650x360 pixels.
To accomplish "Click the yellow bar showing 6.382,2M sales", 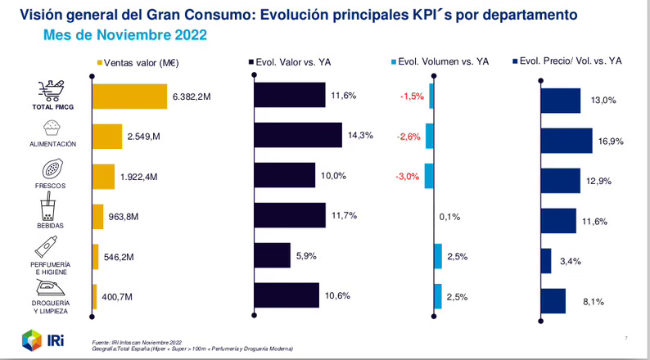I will tap(129, 96).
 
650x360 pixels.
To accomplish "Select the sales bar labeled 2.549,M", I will tap(107, 136).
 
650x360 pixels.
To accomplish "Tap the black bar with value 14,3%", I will tap(297, 136).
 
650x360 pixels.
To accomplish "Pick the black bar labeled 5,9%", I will tap(272, 255).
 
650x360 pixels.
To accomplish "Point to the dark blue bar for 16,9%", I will tap(566, 141).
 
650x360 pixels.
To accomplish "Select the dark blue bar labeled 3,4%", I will tap(546, 261).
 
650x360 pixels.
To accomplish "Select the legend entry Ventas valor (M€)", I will tap(138, 61).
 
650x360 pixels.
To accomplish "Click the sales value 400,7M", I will tap(118, 296).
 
